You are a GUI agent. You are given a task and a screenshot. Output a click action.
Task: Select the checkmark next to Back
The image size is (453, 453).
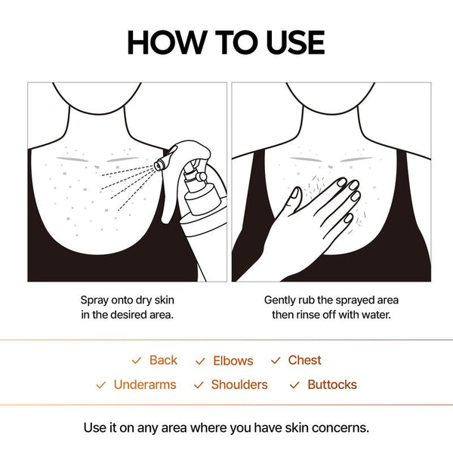pyautogui.click(x=136, y=361)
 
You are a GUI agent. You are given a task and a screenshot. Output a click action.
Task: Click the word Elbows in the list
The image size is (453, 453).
pyautogui.click(x=233, y=361)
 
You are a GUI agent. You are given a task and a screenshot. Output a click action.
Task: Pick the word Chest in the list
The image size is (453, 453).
pyautogui.click(x=304, y=360)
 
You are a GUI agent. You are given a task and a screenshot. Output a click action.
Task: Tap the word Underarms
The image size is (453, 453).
pyautogui.click(x=144, y=384)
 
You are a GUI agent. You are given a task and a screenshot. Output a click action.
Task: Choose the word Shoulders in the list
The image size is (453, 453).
pyautogui.click(x=239, y=384)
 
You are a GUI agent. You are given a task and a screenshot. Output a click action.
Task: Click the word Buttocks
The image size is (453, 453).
pyautogui.click(x=332, y=384)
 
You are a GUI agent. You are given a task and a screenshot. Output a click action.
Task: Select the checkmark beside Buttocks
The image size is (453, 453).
pyautogui.click(x=294, y=385)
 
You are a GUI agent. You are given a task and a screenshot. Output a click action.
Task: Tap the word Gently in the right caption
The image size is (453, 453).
pyautogui.click(x=282, y=299)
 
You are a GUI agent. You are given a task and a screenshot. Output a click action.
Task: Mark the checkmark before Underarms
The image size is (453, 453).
pyautogui.click(x=100, y=385)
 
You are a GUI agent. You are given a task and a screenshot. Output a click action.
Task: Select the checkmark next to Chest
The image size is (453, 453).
pyautogui.click(x=276, y=361)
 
